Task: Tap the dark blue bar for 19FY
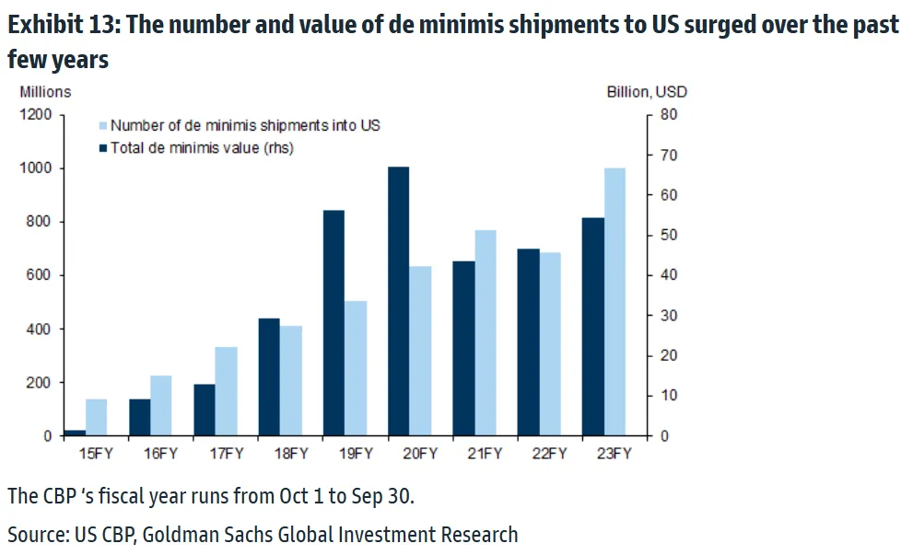coord(334,323)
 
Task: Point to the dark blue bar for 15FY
coord(75,433)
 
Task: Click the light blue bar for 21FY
coord(486,332)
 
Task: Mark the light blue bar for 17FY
coord(226,391)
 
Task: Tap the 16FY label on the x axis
coord(161,453)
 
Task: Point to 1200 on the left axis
coord(39,115)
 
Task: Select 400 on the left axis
coord(42,329)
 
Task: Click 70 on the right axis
coord(669,156)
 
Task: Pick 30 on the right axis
coord(669,316)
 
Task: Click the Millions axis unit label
coord(45,91)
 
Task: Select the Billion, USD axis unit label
coord(647,91)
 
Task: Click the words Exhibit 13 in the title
coord(59,25)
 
